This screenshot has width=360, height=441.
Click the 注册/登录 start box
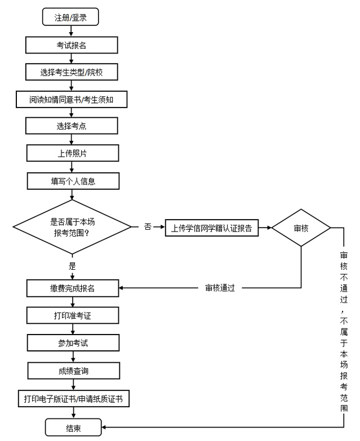(x=70, y=17)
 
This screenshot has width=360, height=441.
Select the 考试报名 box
(x=72, y=45)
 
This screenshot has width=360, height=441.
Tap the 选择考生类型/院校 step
(x=72, y=72)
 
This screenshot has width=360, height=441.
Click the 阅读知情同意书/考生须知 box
(x=72, y=99)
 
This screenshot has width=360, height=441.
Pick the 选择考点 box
(x=72, y=126)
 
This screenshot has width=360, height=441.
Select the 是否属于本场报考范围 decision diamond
(x=72, y=227)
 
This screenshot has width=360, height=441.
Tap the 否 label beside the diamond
(x=148, y=227)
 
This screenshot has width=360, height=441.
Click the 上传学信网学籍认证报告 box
(x=211, y=228)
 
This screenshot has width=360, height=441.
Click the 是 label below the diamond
(x=72, y=266)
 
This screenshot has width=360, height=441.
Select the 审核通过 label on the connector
(x=220, y=288)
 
